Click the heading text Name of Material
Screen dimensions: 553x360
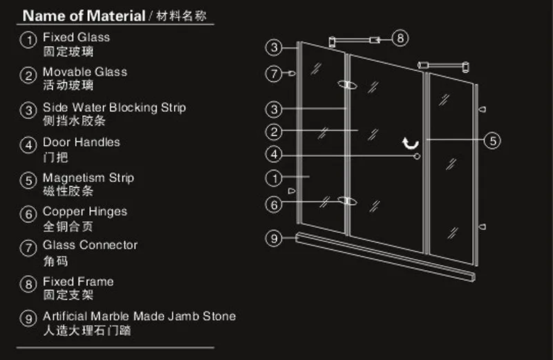coord(84,16)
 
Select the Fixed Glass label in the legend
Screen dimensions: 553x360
coord(76,37)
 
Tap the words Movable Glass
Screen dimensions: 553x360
coord(84,72)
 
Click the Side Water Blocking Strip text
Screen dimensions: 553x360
coord(114,108)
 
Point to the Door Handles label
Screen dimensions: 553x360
coord(82,142)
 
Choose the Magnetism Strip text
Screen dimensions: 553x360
coord(88,178)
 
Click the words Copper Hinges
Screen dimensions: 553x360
coord(85,211)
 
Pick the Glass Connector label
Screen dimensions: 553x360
coord(91,245)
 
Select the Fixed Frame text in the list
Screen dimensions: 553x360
coord(78,281)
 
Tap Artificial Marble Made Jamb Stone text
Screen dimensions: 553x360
coord(140,316)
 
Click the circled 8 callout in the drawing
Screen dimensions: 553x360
coord(400,38)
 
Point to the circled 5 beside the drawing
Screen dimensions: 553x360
coord(492,141)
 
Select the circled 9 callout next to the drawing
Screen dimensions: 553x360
coord(274,238)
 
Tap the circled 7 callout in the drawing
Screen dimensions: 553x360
coord(274,74)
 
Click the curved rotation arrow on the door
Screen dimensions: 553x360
coord(411,143)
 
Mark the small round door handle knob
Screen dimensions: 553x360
coord(417,156)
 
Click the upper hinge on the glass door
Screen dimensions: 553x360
coord(348,84)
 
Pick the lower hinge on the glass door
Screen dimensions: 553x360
coord(348,201)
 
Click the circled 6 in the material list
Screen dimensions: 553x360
coord(28,214)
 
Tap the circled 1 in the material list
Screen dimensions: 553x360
coord(28,39)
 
